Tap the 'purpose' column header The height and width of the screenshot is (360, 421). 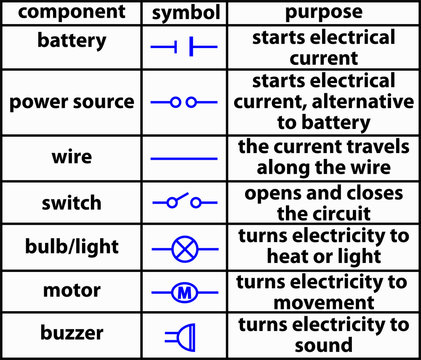(322, 13)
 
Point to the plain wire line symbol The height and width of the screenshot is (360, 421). (183, 157)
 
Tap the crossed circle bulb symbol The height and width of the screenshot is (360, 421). (183, 248)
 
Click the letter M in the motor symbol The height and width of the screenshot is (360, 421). (183, 293)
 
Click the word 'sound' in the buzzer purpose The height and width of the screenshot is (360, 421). (322, 346)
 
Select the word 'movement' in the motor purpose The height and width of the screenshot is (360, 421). (322, 301)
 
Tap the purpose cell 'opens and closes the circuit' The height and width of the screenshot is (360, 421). (322, 203)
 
